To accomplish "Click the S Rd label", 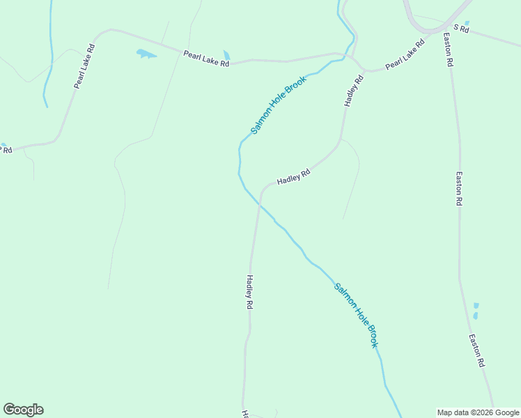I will (x=462, y=29).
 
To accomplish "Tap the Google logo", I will (x=23, y=410).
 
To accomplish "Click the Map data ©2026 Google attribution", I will (x=479, y=412).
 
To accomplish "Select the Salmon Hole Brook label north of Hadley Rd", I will (x=279, y=104).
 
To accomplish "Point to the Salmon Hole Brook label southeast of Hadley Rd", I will (x=356, y=316).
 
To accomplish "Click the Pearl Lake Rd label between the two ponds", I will (x=206, y=58).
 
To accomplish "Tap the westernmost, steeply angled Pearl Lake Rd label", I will (x=84, y=66).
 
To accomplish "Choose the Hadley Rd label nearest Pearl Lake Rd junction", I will (x=354, y=91).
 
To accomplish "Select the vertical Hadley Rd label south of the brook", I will (x=249, y=292).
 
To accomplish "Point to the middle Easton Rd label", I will (x=459, y=188).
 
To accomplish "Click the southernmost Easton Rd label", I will (x=477, y=351).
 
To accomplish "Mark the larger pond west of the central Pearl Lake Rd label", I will (x=146, y=54).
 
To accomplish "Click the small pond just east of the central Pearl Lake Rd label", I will (x=226, y=55).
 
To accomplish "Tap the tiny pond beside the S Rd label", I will (x=467, y=22).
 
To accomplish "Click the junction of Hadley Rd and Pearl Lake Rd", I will (x=363, y=70).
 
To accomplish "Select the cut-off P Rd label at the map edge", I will (x=6, y=150).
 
